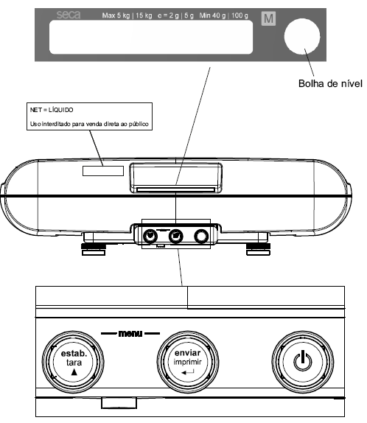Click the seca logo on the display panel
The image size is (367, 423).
click(x=69, y=15)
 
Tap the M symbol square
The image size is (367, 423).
click(x=268, y=18)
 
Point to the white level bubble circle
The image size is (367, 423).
click(x=302, y=36)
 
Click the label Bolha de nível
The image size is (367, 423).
click(x=330, y=83)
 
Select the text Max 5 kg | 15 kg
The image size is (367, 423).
click(x=127, y=15)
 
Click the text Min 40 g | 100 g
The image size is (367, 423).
click(x=224, y=15)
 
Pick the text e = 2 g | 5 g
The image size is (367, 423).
click(x=175, y=15)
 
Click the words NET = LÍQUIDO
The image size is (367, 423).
click(x=52, y=110)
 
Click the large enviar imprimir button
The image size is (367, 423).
click(x=188, y=362)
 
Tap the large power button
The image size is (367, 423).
click(x=303, y=362)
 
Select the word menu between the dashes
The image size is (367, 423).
click(x=130, y=334)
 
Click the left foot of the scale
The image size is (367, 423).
click(x=94, y=249)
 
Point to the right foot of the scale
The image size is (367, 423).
click(x=258, y=249)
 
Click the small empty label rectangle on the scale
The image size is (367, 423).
click(x=103, y=171)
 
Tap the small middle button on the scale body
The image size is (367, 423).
click(x=175, y=236)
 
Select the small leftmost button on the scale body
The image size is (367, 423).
click(x=150, y=236)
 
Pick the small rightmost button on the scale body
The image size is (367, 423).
click(x=201, y=236)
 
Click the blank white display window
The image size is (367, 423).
click(x=151, y=38)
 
